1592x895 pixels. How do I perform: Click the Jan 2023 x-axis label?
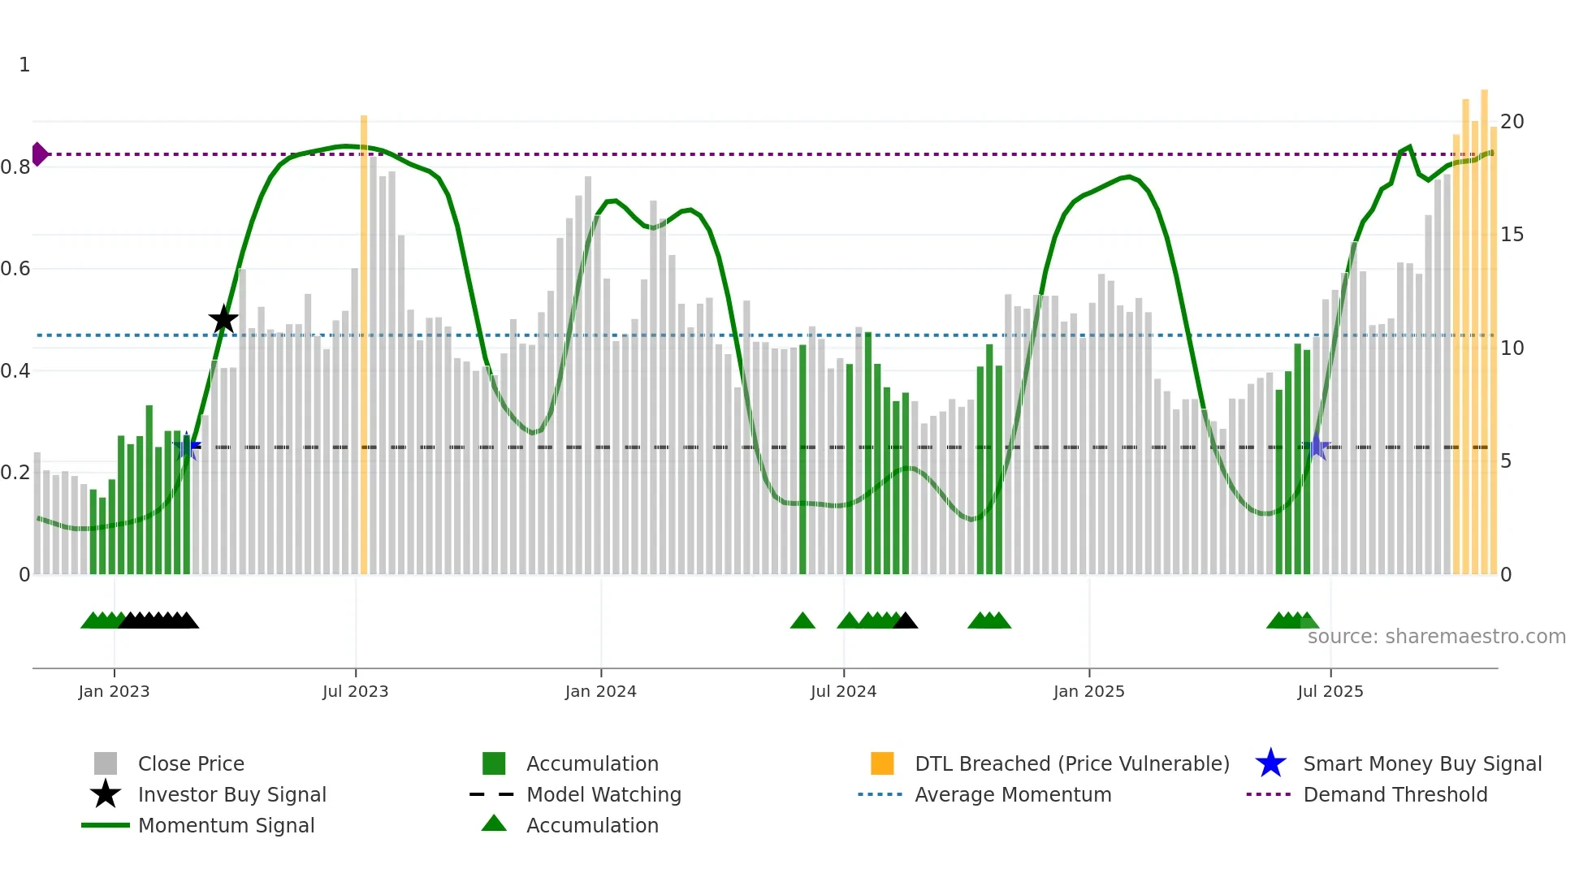pos(114,692)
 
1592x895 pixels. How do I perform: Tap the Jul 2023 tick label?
pos(355,692)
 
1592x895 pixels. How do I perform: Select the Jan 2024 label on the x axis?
pos(600,692)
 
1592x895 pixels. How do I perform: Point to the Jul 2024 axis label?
pos(843,692)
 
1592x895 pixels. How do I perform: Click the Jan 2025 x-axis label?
pos(1088,692)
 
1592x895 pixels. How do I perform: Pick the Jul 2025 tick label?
pos(1330,692)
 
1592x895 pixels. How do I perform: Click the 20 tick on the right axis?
pos(1512,122)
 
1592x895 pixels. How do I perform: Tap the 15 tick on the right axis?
pos(1512,235)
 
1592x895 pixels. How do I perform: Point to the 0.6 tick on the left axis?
pos(15,269)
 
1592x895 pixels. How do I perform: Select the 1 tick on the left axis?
pos(24,65)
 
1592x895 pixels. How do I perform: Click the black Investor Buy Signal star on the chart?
pos(223,319)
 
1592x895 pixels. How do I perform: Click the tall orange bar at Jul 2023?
pos(364,341)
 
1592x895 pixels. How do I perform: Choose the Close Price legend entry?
pos(191,764)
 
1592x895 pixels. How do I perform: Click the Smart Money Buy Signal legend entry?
pos(1421,764)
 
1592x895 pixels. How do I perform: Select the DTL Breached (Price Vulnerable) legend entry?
pos(1071,764)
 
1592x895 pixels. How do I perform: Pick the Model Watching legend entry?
pos(603,795)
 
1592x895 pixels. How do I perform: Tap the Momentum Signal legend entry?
pos(226,826)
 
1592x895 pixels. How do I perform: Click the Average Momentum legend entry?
pos(1012,795)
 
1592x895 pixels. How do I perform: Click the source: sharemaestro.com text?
pos(1436,637)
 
